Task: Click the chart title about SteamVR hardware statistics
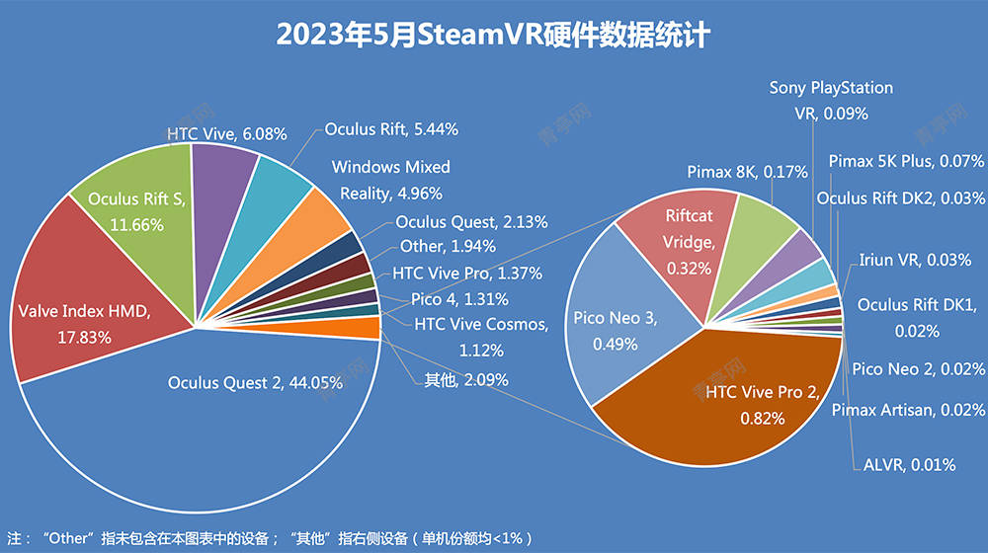tap(493, 35)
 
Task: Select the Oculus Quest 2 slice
tap(198, 434)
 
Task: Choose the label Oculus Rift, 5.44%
tap(391, 129)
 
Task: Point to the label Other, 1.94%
tap(448, 246)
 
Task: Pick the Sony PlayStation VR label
tap(831, 101)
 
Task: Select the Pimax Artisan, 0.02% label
tap(908, 409)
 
